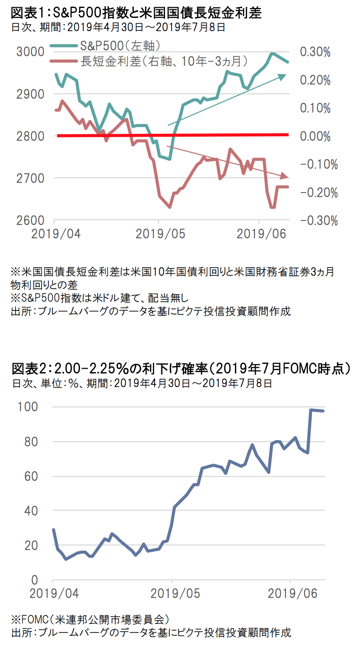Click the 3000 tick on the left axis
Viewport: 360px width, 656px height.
[x=30, y=52]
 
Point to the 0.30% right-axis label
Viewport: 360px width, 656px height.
[x=315, y=52]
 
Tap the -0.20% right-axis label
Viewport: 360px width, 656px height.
[x=319, y=193]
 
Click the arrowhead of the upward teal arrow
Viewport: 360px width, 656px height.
[x=283, y=76]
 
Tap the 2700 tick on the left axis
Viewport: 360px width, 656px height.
[x=30, y=178]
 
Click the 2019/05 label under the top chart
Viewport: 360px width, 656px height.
[x=160, y=234]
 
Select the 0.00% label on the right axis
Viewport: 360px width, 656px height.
[x=315, y=136]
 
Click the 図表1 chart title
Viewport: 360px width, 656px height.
[x=136, y=13]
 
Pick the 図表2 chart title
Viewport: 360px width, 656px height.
[x=180, y=368]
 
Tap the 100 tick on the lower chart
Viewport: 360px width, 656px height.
[x=28, y=407]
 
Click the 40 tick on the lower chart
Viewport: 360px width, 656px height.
[x=31, y=511]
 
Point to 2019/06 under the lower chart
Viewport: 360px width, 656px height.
[x=292, y=593]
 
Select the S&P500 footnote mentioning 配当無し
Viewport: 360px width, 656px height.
[x=100, y=298]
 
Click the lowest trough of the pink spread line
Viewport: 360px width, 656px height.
[x=170, y=207]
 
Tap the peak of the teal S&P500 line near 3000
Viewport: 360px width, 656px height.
[x=272, y=53]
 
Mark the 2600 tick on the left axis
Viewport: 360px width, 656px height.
[x=30, y=220]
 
